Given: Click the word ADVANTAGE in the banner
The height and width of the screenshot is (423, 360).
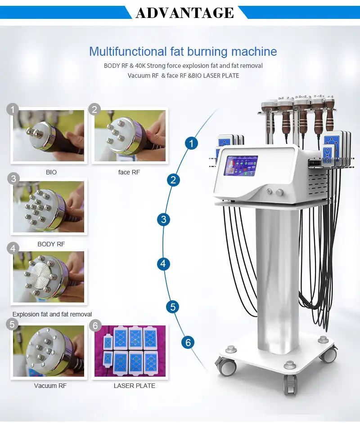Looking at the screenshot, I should (184, 12).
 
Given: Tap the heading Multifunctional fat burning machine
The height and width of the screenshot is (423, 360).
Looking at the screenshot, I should (183, 51).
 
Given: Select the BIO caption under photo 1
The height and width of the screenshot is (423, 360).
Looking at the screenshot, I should (51, 172).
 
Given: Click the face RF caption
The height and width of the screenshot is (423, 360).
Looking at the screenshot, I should (130, 172).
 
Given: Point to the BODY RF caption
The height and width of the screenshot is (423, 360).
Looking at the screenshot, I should (51, 244).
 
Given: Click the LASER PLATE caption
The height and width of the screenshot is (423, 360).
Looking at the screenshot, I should (134, 386).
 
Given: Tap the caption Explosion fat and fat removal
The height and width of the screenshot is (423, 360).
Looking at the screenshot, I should (52, 314).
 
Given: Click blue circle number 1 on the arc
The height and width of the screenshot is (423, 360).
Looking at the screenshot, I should (192, 144).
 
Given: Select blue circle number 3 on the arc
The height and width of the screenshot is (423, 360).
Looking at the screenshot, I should (164, 220).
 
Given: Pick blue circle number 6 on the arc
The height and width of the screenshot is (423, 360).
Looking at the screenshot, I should (188, 343).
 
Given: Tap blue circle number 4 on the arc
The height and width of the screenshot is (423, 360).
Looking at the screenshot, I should (163, 263).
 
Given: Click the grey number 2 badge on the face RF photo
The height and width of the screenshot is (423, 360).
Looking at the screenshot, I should (94, 109).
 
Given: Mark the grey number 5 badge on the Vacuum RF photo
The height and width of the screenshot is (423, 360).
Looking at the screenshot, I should (13, 324).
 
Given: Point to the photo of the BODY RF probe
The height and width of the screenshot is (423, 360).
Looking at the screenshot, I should (49, 206).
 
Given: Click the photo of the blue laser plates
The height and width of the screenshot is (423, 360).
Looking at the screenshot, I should (130, 351).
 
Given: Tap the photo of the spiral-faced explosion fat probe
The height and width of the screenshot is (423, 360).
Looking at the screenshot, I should (49, 277).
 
